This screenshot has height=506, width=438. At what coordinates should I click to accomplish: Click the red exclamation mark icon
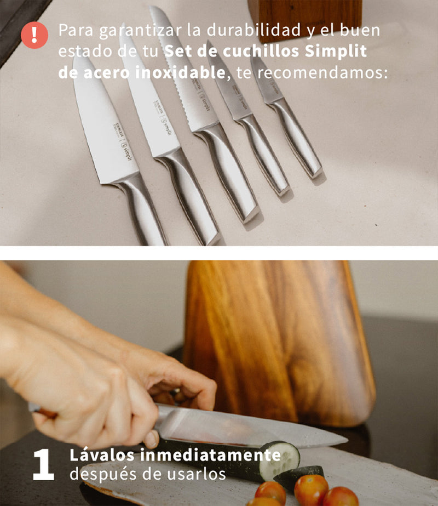coord(34,35)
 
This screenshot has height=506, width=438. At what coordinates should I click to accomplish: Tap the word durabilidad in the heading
coord(253,30)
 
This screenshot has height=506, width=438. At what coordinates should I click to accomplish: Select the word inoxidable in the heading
coord(180,72)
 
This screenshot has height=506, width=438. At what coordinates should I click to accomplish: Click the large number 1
coord(43,464)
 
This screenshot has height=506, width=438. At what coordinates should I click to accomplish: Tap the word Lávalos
coord(102,455)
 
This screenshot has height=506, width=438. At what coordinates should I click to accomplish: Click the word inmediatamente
coord(210,455)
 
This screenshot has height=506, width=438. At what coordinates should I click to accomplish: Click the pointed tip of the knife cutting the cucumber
coord(348,440)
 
